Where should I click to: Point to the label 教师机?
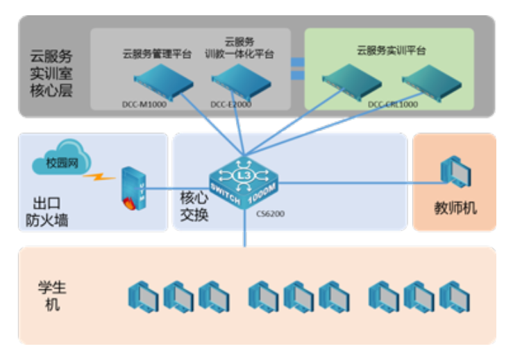(x=455, y=208)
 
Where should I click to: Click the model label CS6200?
(x=271, y=214)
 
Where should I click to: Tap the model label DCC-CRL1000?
(x=393, y=105)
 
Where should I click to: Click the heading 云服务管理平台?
(x=157, y=53)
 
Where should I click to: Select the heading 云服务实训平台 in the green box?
(x=391, y=50)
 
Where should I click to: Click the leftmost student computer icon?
(x=143, y=296)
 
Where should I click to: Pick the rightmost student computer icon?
(x=454, y=296)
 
